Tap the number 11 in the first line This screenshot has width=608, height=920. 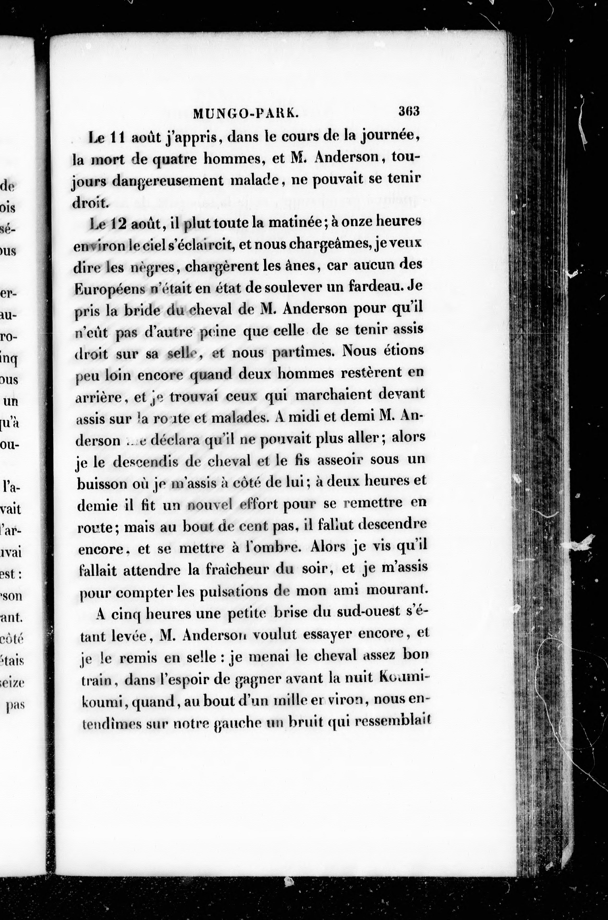117,138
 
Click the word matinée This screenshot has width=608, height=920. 294,223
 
